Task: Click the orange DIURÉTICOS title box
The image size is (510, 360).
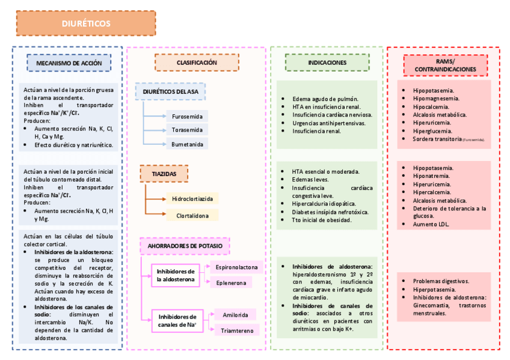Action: coord(86,23)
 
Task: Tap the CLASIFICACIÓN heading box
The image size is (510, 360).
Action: coord(197,63)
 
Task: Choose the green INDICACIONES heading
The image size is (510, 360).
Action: coord(327,63)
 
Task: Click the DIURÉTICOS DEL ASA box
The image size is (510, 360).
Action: coord(171,91)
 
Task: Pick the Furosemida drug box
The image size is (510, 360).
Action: coord(187,116)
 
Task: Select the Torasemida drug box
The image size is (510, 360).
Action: coord(187,130)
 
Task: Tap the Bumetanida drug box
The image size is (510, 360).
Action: coord(187,144)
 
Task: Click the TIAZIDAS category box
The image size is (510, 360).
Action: coord(164,174)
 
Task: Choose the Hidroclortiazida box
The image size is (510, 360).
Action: coord(192,198)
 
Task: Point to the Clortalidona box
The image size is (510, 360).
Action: coord(192,215)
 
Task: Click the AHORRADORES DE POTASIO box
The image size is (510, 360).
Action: coord(185,246)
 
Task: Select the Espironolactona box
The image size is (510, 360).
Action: coord(236,266)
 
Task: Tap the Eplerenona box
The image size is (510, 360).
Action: coord(230,282)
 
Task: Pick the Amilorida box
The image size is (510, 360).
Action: coord(235,314)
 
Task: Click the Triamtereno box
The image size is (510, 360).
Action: coord(237,330)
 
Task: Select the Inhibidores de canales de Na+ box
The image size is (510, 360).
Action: coord(177,321)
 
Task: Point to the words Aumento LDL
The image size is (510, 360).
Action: coord(431,224)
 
